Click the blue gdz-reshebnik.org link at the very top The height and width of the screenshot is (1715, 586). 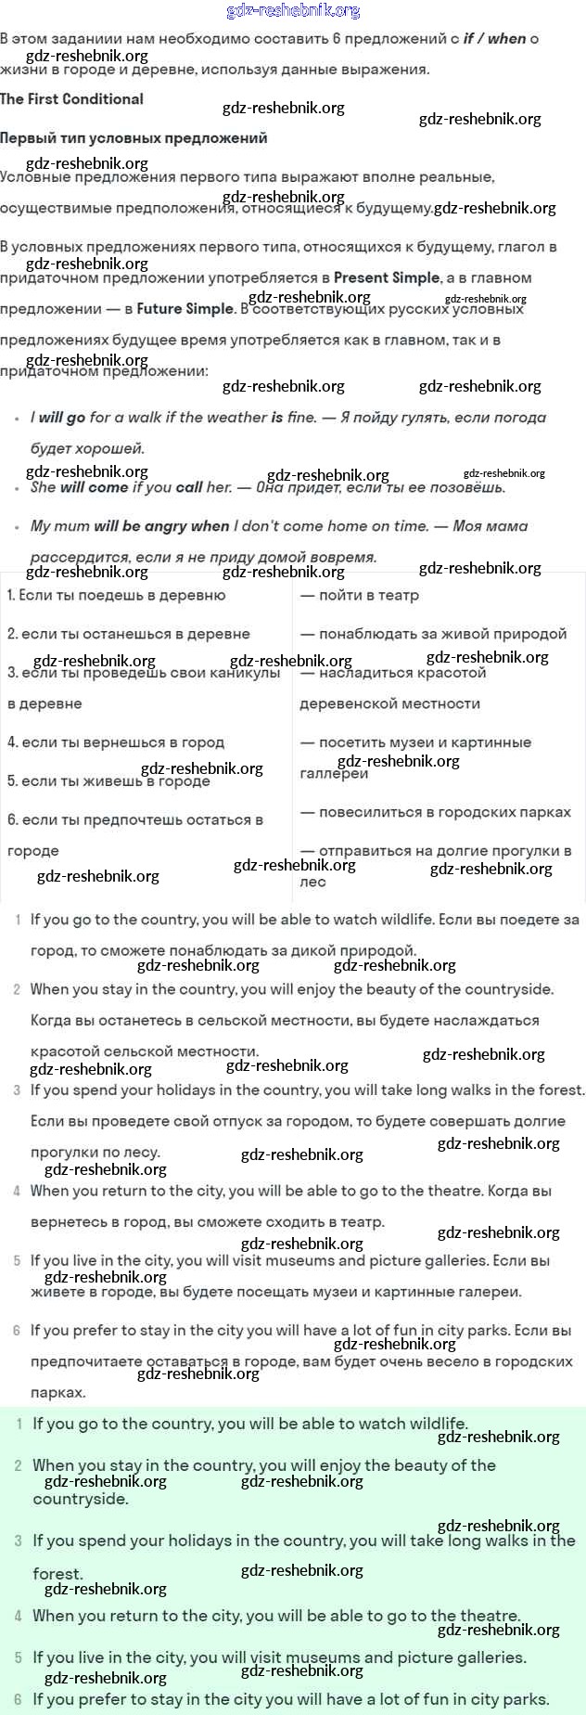(293, 11)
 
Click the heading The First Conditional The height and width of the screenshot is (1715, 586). (72, 99)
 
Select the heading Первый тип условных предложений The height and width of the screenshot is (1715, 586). (134, 138)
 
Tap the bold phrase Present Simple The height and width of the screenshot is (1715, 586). (387, 277)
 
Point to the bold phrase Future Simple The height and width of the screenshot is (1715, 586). (185, 309)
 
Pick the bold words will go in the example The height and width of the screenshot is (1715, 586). (62, 418)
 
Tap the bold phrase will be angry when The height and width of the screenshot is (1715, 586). (161, 526)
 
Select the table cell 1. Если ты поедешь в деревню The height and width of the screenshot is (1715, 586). (117, 595)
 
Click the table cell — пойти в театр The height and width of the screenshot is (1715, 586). (360, 595)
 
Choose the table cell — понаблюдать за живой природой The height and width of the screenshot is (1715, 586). (434, 634)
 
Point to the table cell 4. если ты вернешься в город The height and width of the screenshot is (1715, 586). (116, 742)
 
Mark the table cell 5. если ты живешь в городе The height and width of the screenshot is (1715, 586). (108, 781)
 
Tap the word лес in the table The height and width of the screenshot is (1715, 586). (312, 882)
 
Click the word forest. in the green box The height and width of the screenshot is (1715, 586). (58, 1574)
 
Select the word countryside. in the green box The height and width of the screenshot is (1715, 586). (81, 1499)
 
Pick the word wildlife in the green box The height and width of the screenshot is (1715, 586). (434, 1424)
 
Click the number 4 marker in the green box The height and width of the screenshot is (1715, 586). (19, 1617)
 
